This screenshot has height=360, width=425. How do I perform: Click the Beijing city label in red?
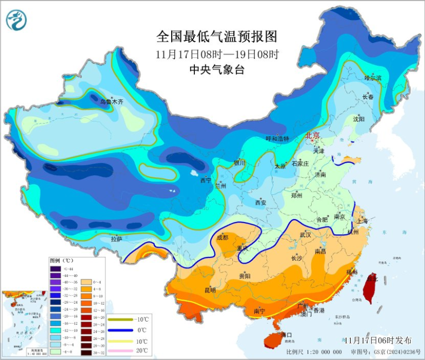313,136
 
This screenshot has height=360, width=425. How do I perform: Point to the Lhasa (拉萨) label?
116,239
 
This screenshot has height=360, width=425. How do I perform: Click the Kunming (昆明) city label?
210,291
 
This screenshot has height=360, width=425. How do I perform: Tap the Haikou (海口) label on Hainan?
286,335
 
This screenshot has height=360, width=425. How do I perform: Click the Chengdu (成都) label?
222,237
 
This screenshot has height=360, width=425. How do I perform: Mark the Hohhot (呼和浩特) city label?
277,139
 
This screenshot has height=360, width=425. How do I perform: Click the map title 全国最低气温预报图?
216,36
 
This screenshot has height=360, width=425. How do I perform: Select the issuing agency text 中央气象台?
216,70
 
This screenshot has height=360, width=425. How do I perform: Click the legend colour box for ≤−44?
55,269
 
